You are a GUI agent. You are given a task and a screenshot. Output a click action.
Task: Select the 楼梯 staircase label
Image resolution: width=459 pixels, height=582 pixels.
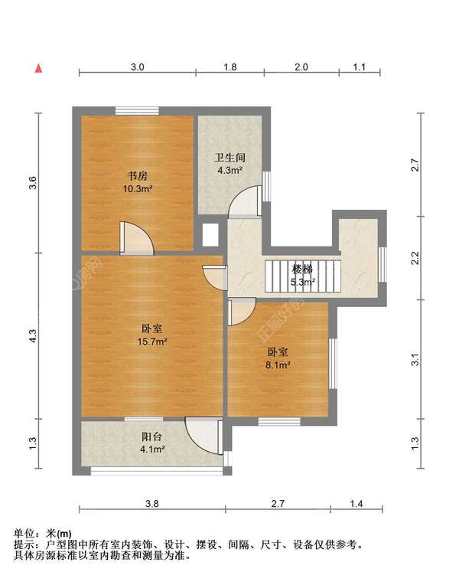(x=302, y=270)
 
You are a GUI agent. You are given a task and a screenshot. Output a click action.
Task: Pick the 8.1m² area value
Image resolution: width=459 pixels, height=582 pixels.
(x=278, y=365)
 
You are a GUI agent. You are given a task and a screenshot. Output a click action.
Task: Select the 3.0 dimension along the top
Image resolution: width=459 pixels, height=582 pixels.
(x=137, y=67)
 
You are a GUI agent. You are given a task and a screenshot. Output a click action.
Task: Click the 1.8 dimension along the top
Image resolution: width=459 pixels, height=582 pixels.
(x=229, y=67)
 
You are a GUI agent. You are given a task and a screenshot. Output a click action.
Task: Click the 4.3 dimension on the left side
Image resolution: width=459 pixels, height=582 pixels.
(x=31, y=335)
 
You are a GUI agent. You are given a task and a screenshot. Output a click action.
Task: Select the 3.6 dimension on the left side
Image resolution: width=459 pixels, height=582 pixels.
(x=31, y=182)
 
